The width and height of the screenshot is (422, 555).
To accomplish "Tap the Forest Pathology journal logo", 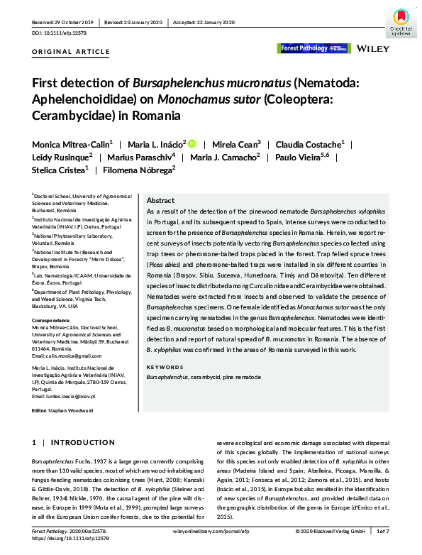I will pos(313,48).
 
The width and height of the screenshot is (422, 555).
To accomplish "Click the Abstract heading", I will pos(160,201).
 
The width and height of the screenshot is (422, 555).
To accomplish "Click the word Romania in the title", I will pos(153,114).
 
